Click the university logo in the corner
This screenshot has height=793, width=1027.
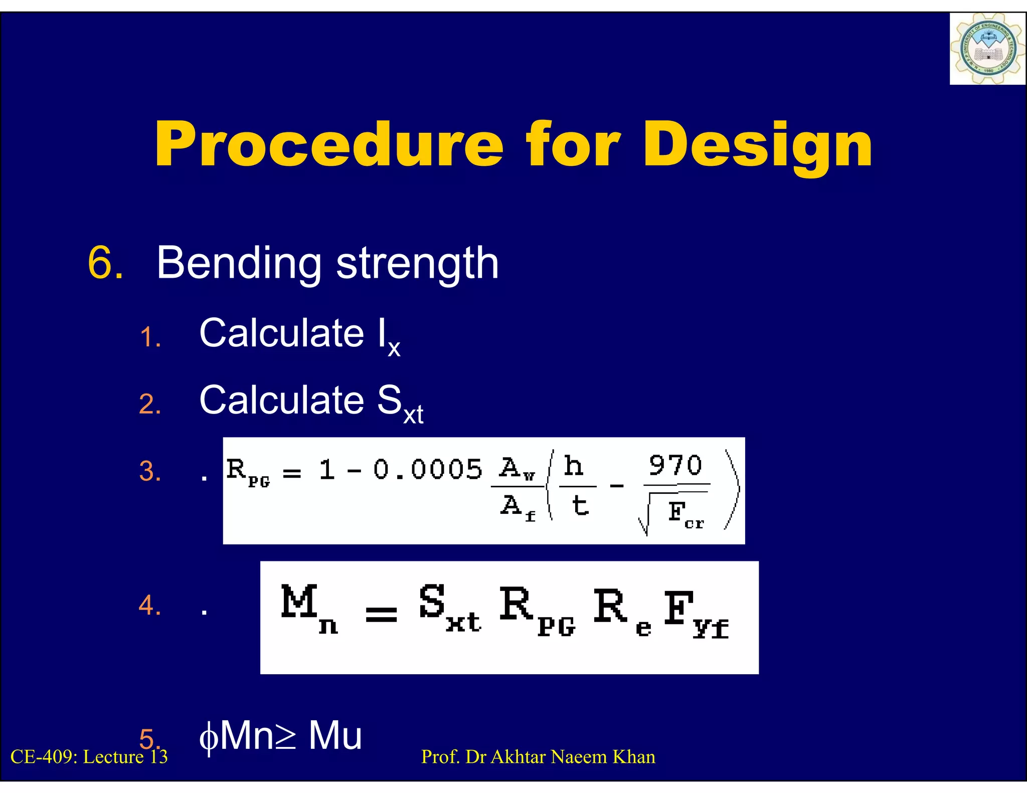coord(987,49)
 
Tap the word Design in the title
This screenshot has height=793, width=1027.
coord(758,145)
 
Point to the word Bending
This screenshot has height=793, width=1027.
coord(239,263)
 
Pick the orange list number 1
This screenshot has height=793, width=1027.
coord(150,337)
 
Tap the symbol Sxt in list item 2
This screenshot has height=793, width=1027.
coord(400,404)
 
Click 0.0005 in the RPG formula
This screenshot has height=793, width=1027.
coord(427,470)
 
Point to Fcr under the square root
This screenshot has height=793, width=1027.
coord(685,514)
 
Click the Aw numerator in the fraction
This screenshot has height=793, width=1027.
coord(517,468)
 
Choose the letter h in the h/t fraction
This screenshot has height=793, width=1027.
coord(574,466)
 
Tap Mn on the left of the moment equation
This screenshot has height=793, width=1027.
coord(308,608)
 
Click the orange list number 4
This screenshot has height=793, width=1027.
coord(150,605)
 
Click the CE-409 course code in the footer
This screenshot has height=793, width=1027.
coord(43,757)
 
